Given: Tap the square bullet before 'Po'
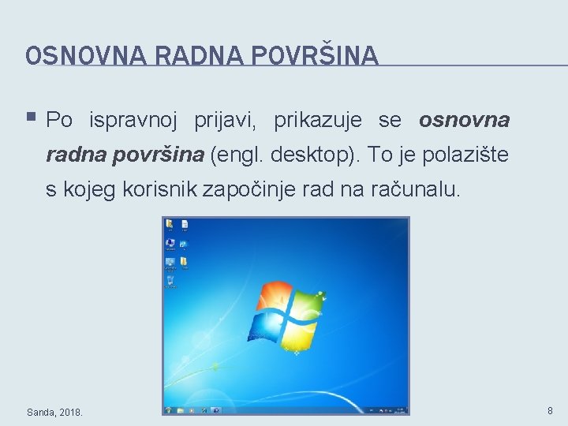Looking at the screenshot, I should coord(31,118).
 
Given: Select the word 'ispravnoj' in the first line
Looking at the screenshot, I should coord(136,121).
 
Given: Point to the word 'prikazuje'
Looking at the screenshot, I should coord(318,121).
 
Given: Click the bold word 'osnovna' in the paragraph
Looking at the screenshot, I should coord(464,121).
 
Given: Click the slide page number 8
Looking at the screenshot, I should coord(549,411).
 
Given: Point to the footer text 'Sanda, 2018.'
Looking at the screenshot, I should coord(54,412).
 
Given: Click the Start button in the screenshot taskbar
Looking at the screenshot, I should coord(168,410).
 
